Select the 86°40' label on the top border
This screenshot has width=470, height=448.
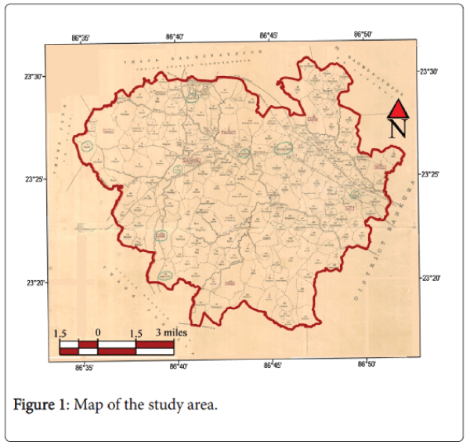coord(176,36)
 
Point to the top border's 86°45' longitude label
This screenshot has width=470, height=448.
coord(269,35)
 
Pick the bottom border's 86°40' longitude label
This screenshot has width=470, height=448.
coord(179,366)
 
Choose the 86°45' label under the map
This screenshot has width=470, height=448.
coord(272,365)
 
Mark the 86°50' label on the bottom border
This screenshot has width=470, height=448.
coord(367,364)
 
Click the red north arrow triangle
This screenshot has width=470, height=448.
coord(398,109)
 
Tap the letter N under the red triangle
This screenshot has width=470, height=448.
coord(398,129)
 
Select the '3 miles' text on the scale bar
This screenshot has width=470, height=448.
coord(172,333)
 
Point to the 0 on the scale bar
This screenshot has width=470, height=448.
coord(98,333)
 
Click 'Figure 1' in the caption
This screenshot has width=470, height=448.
coord(39,406)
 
